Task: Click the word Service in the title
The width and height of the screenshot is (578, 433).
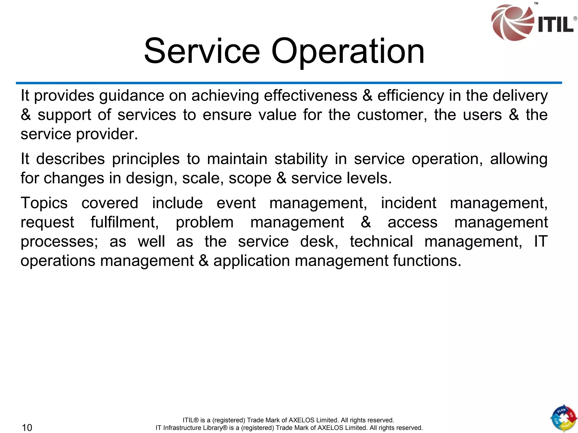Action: coord(202,51)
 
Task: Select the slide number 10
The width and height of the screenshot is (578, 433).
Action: coord(27,427)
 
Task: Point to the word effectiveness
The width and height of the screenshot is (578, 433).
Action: coord(310,96)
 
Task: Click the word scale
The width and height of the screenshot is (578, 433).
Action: coord(201,178)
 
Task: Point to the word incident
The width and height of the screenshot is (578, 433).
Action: coord(408,203)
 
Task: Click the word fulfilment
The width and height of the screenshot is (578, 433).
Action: coord(124,222)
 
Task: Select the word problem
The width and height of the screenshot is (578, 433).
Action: coord(205,222)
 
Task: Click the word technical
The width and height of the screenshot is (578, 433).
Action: coord(381,241)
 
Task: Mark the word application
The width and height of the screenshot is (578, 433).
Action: coord(251,261)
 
